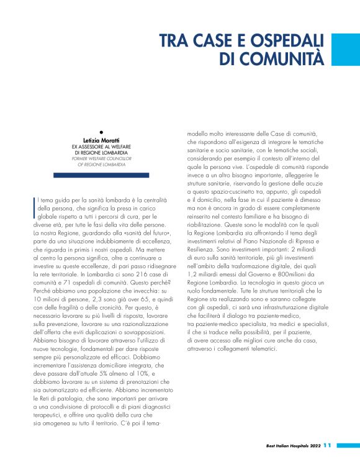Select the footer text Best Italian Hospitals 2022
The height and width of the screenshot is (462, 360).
[288, 446]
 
